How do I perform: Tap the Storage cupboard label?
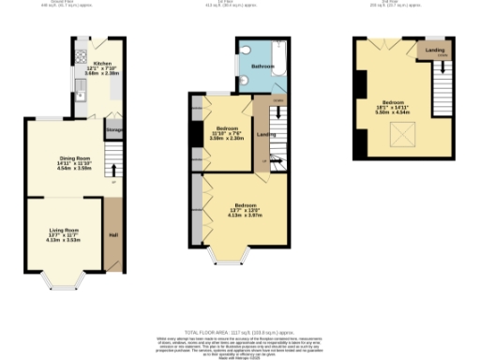114,130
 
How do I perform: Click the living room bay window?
64,278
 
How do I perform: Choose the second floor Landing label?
435,50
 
